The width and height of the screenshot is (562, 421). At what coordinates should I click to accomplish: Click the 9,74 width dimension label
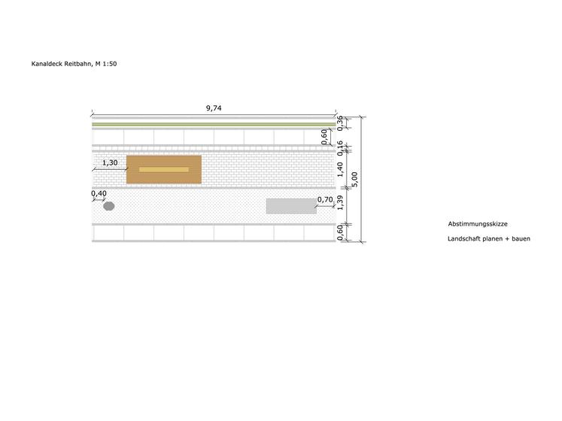(x=214, y=108)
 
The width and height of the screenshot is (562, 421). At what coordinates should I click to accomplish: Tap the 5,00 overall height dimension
(x=354, y=179)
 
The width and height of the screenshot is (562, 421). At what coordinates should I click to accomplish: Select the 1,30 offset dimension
(x=110, y=162)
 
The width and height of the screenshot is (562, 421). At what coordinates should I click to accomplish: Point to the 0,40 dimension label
(x=99, y=193)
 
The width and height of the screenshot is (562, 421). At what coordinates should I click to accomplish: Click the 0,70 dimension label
(x=325, y=199)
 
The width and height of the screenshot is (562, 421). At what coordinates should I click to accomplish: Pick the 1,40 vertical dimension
(x=340, y=169)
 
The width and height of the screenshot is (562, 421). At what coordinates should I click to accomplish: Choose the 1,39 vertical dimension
(x=340, y=203)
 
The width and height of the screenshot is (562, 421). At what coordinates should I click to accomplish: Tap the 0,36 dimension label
(x=340, y=123)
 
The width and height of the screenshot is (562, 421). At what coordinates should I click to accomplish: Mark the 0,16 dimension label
(x=340, y=148)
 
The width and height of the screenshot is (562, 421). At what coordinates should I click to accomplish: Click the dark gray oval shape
(x=109, y=206)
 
